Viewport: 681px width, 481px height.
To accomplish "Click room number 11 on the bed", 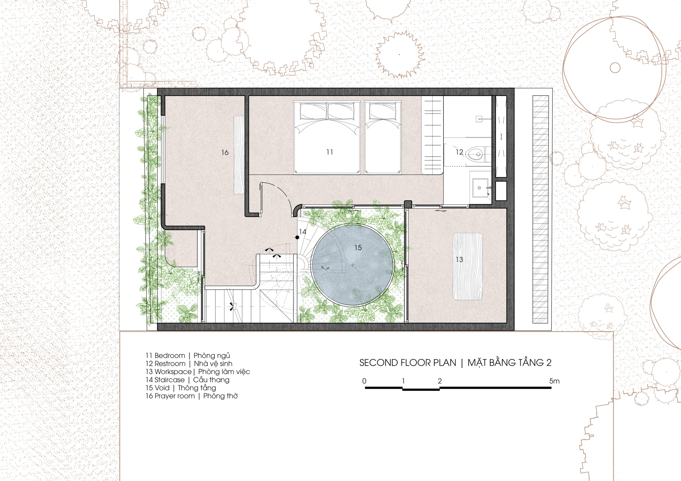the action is click(x=330, y=152).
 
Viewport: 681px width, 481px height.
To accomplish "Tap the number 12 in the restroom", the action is click(x=459, y=152).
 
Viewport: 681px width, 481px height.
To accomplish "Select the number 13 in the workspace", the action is click(x=459, y=260).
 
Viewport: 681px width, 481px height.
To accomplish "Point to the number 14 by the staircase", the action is click(x=302, y=231).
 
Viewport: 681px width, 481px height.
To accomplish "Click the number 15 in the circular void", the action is click(x=358, y=247).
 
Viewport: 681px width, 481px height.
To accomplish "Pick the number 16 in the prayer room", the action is click(x=225, y=152).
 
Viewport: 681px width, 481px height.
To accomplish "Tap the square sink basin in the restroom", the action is click(x=480, y=188).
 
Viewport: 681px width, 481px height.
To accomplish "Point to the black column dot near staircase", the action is click(x=297, y=237).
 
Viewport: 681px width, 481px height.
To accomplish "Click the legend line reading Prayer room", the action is click(x=192, y=396).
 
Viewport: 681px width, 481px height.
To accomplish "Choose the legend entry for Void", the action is click(x=181, y=388).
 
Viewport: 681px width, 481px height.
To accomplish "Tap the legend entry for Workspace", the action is click(x=198, y=372).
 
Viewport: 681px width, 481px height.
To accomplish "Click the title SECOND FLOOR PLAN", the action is click(x=408, y=363).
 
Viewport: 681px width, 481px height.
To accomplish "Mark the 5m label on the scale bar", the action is click(x=554, y=381).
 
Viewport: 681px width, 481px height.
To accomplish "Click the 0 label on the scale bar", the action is click(x=364, y=381).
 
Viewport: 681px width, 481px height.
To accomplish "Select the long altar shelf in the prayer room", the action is click(x=239, y=155).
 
